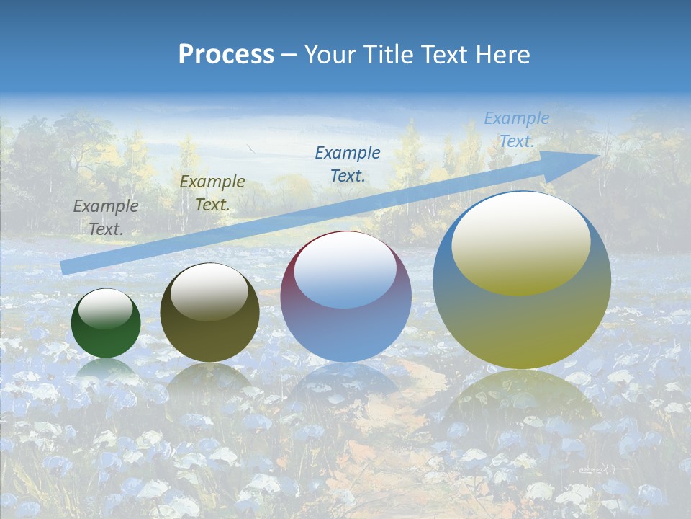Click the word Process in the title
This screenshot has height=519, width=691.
[226, 55]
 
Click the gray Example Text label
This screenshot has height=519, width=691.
[105, 217]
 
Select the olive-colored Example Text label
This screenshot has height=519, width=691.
[212, 192]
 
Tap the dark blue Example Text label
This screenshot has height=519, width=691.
[348, 164]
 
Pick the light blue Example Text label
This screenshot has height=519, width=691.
[516, 130]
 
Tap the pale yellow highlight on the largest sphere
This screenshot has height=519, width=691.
[521, 243]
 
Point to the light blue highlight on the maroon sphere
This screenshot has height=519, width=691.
[345, 270]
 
